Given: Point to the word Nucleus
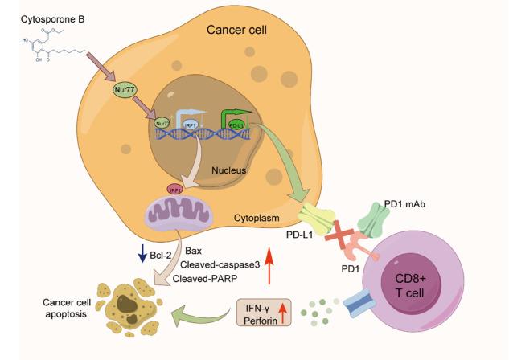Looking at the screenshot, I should [x=229, y=170].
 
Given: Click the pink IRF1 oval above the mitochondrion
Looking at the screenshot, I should [x=174, y=190].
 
